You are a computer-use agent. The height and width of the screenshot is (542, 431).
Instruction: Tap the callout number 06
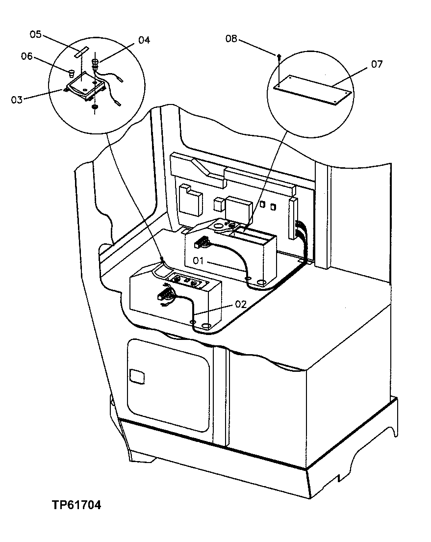pos(26,56)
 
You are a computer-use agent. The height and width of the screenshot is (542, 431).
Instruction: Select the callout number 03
pos(17,100)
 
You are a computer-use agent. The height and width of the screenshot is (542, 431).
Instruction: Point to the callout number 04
pos(144,40)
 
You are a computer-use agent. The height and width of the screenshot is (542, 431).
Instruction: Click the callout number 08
pos(231,39)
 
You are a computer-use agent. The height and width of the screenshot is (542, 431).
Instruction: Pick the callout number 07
pos(377,64)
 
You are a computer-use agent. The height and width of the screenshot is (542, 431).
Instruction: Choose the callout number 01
pos(198,260)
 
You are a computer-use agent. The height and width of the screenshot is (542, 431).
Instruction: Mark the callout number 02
pos(240,304)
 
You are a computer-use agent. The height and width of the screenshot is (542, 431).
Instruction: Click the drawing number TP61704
pos(76,505)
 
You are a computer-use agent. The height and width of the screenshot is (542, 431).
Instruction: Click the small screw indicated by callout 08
pos(279,56)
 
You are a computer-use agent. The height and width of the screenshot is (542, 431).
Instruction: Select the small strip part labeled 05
pos(83,52)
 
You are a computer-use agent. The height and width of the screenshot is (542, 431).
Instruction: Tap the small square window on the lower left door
pos(137,377)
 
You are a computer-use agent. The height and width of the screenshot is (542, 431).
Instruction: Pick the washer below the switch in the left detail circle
pos(94,107)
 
